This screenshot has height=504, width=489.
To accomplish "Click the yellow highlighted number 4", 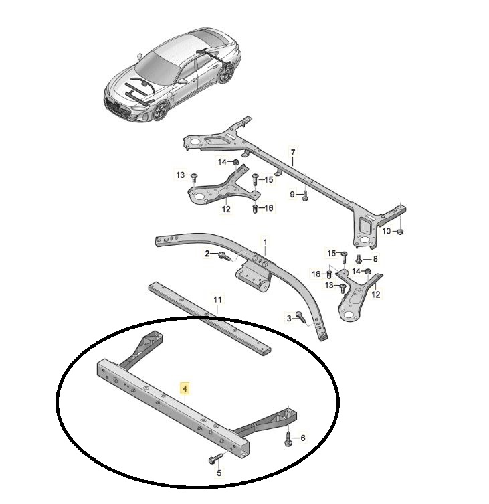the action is pos(185,389).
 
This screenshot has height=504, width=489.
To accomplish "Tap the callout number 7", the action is pos(292,152).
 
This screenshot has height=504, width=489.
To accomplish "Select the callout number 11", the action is pos(217,300).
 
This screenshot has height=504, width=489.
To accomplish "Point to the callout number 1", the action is pos(265,242).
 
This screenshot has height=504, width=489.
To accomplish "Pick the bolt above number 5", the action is pos(216,458).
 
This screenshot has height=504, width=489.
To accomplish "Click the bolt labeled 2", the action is pos(223,256).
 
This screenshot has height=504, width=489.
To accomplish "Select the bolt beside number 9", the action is pos(305,195).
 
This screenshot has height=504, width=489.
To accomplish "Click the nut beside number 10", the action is pos(399,231).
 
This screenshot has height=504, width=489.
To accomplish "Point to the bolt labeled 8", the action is pos(359,258).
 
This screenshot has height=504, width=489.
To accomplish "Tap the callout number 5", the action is pos(219,473).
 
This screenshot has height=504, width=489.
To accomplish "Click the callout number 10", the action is pos(386,231).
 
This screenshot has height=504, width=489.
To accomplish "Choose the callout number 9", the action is pos(292,195).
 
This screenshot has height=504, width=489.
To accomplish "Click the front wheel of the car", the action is pos(161,111).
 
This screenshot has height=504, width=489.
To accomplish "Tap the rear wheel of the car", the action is pos(226,73).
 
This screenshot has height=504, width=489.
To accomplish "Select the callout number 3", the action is pos(289,319).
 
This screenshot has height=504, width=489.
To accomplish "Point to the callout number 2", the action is pos(207,254).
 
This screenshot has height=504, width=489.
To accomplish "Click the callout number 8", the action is pos(375,259).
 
